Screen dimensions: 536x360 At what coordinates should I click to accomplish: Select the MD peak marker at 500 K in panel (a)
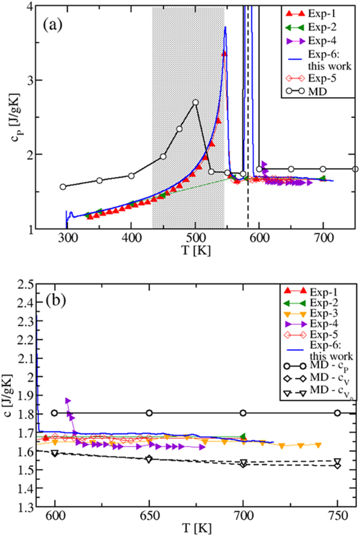(x=195, y=102)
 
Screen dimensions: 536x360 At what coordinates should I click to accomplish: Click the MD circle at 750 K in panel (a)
(x=355, y=169)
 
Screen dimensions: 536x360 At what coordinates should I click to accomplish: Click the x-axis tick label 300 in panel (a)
(x=67, y=239)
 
